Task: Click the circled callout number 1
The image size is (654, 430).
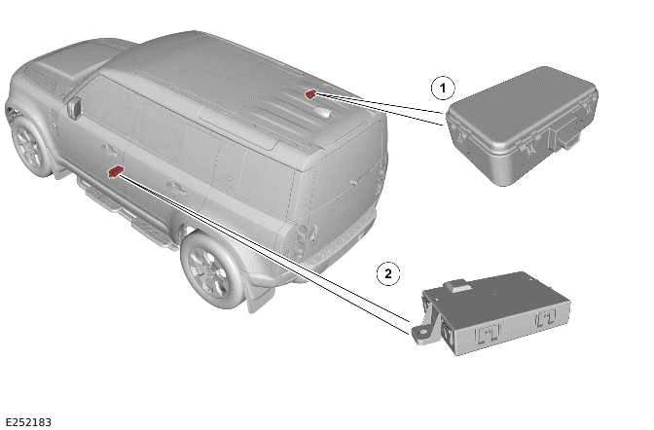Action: pos(443,89)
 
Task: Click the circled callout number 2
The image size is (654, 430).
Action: pos(388,273)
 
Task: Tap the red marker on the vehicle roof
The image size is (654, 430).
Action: pos(310,93)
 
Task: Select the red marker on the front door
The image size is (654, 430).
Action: pos(116,171)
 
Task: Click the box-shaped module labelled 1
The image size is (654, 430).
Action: pos(521,122)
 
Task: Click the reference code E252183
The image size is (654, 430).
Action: pos(27,421)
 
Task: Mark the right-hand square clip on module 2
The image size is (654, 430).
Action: pos(546,318)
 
